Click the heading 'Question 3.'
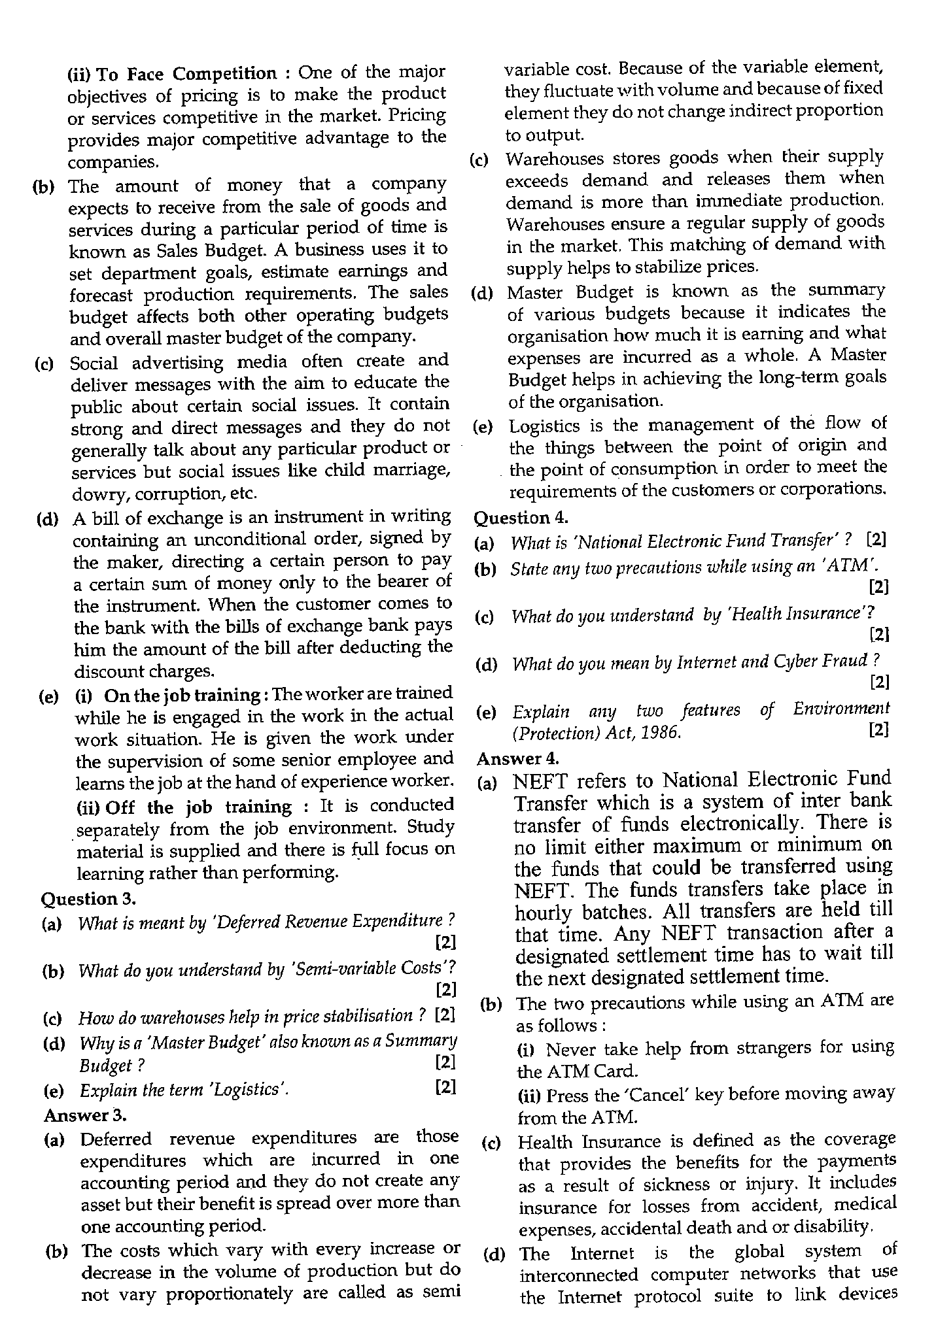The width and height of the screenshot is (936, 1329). (88, 899)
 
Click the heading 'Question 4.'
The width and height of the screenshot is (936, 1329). (521, 518)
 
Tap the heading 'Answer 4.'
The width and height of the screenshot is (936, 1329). (518, 758)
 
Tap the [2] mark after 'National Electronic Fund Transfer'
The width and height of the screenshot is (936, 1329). (876, 540)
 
